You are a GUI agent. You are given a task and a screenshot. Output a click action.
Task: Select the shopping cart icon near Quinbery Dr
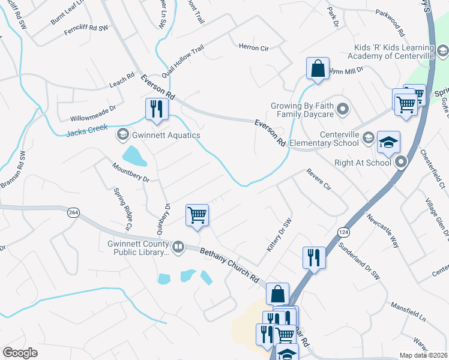point(197,215)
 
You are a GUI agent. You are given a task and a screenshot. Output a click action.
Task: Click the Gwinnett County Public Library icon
point(178,247)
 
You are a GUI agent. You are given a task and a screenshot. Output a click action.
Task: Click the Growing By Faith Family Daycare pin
point(342,109)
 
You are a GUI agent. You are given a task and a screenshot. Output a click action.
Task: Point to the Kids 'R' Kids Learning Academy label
point(393,52)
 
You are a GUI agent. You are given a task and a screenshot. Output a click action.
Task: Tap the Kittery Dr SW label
point(279,234)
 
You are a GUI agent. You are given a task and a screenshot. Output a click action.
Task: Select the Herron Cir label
point(253,46)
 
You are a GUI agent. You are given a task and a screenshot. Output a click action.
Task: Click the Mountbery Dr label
point(130,170)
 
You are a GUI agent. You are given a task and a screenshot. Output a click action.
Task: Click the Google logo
point(20,353)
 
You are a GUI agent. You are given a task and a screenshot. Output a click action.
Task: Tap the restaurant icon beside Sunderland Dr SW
point(314,257)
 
